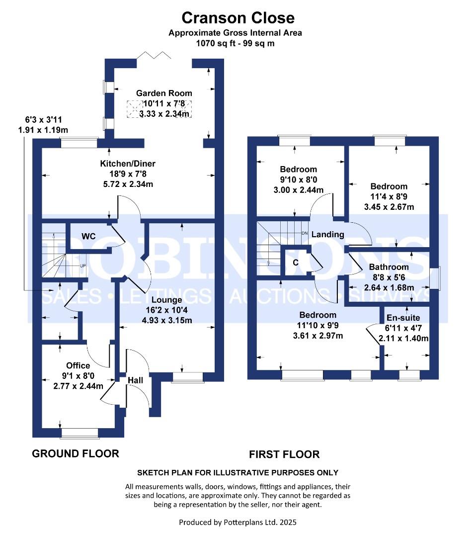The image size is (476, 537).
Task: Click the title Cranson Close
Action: point(238,18)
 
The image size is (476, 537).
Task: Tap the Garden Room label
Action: point(164,93)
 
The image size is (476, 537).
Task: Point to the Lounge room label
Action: point(167,300)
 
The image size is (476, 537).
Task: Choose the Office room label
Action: point(78,365)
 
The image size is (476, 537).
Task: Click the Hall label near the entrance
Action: point(135,380)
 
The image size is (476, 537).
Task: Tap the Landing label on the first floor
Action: point(327,234)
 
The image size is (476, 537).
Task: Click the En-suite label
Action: point(403,318)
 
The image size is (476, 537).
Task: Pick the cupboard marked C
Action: point(295,263)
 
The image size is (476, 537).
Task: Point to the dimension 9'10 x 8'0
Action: point(298,180)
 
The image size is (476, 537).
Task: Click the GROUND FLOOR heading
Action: point(76,453)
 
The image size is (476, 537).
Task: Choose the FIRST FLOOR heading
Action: point(284,454)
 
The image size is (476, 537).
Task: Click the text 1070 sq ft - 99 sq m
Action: point(235,43)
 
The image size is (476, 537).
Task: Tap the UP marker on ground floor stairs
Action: point(83,266)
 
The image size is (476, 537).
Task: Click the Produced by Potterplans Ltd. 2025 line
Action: point(238,523)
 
